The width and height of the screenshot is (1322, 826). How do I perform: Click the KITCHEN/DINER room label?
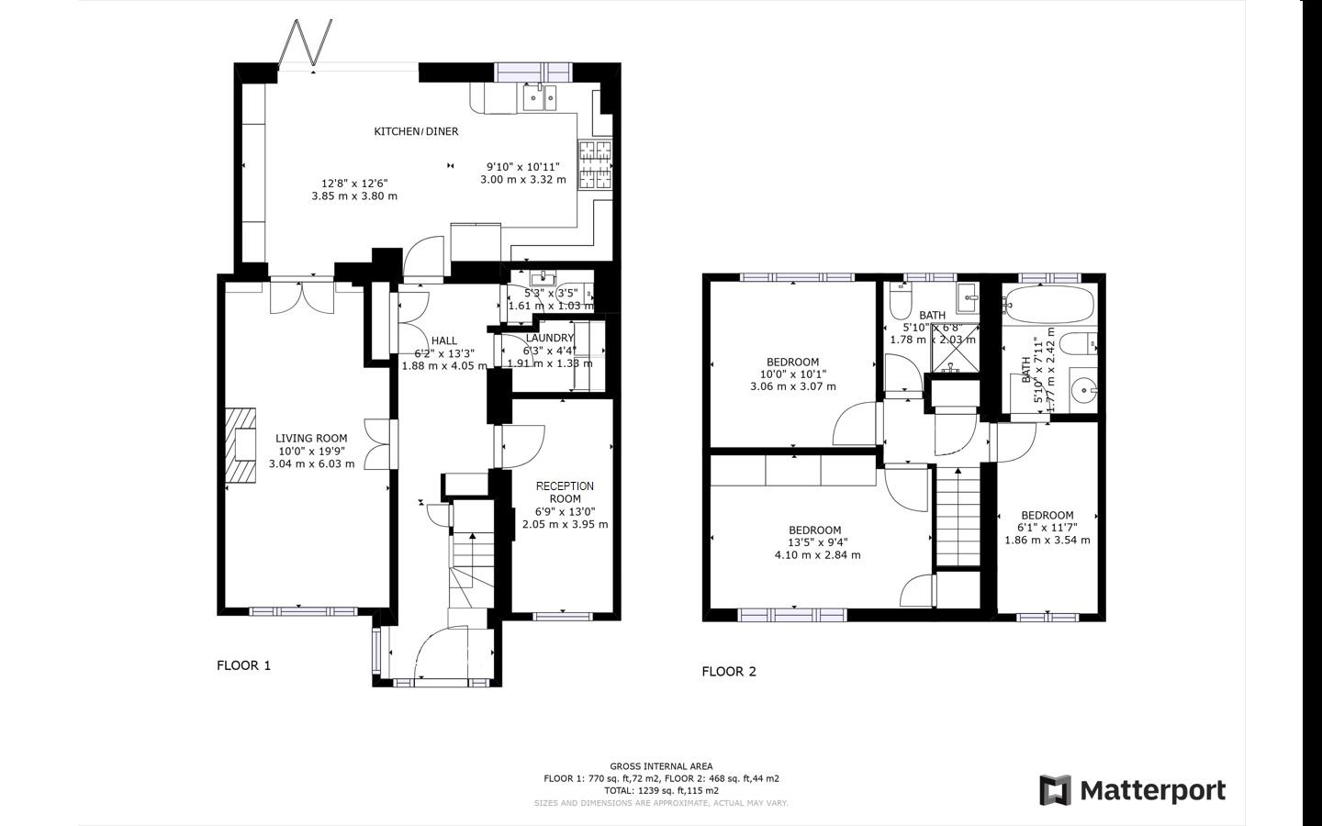click(416, 131)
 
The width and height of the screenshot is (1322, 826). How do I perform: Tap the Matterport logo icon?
click(1055, 790)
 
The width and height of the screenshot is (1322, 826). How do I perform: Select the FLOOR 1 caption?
click(243, 665)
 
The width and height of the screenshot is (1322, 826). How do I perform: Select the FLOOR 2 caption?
click(729, 671)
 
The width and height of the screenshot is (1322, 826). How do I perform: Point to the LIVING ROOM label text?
click(311, 439)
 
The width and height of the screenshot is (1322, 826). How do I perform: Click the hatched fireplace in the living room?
click(241, 445)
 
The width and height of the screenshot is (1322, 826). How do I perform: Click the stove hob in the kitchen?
click(595, 165)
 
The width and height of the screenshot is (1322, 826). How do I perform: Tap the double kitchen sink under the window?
click(540, 96)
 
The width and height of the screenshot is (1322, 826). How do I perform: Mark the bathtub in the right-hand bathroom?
click(1049, 301)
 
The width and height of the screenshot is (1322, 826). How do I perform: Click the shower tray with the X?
click(955, 359)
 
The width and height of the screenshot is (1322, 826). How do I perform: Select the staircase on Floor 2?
click(958, 519)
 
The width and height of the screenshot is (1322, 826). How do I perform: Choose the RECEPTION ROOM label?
click(565, 492)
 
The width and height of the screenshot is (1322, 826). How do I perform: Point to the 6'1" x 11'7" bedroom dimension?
click(1047, 528)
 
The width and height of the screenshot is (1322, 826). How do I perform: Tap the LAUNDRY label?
click(550, 338)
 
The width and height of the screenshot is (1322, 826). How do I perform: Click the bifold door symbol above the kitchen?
click(306, 43)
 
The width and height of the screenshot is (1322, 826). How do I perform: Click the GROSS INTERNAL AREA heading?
click(661, 766)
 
